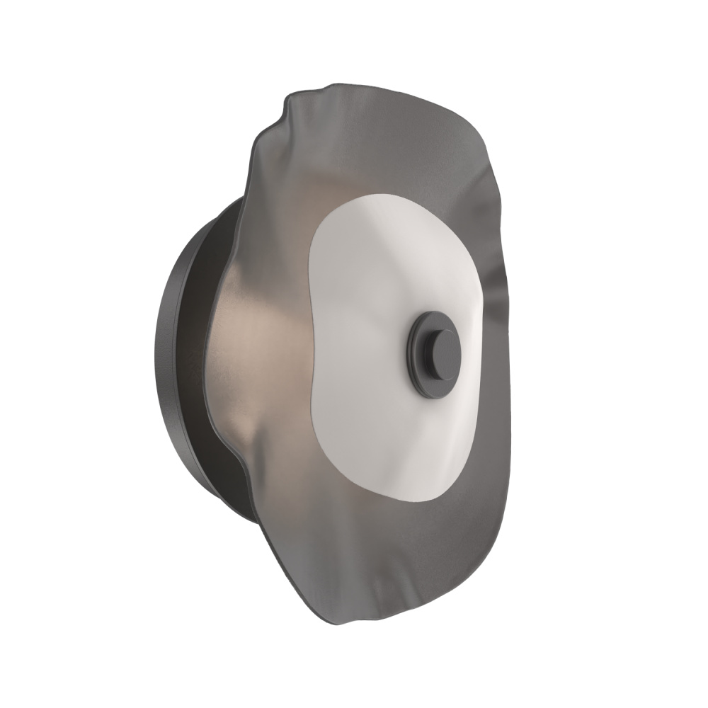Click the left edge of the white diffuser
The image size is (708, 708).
click(312, 340)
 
